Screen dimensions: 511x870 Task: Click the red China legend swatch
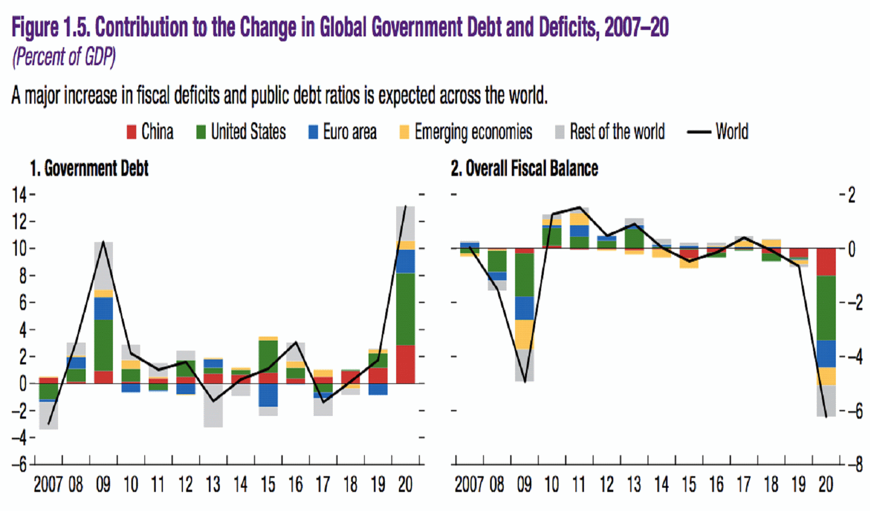(131, 132)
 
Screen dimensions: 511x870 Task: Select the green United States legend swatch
(201, 132)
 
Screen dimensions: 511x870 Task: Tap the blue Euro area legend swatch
(313, 132)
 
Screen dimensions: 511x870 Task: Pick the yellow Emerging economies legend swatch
(404, 132)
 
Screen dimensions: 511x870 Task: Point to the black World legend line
(699, 132)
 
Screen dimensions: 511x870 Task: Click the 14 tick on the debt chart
(20, 194)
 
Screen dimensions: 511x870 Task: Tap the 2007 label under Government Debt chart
(48, 484)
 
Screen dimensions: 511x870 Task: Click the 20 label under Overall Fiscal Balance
(825, 484)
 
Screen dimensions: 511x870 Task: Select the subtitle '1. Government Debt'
(89, 169)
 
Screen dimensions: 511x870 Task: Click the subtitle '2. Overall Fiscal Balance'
(524, 169)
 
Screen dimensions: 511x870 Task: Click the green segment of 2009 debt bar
(104, 345)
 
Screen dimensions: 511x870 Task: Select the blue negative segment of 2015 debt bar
(268, 395)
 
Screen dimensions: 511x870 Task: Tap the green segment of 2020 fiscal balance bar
(826, 308)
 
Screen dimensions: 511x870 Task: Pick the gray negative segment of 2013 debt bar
(213, 414)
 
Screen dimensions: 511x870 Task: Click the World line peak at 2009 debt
(103, 242)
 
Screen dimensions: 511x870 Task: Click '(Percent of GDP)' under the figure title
(64, 57)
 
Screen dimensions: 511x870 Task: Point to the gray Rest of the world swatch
(560, 132)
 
